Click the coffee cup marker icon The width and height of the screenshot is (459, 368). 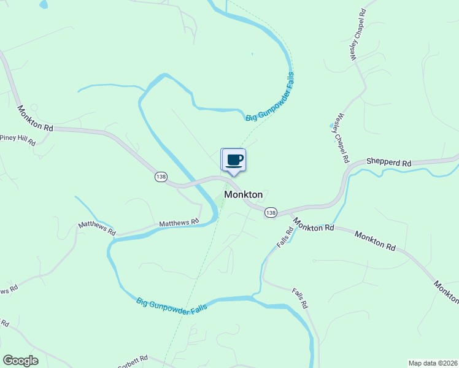[234, 161]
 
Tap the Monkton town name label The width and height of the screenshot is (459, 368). [244, 194]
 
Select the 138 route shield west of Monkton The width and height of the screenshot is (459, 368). [161, 177]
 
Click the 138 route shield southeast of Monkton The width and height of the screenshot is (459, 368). [271, 212]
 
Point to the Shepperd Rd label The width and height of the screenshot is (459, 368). [388, 163]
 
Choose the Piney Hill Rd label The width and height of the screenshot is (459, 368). [18, 139]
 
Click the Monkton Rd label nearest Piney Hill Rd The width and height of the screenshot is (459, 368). [35, 118]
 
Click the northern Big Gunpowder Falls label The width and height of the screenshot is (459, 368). [271, 96]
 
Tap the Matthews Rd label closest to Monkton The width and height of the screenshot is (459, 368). [180, 223]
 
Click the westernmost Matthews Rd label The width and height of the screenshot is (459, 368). [97, 229]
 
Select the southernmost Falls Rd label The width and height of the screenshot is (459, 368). [299, 299]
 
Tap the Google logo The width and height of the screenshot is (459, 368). [20, 361]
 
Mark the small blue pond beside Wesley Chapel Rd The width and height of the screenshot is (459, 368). [333, 125]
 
